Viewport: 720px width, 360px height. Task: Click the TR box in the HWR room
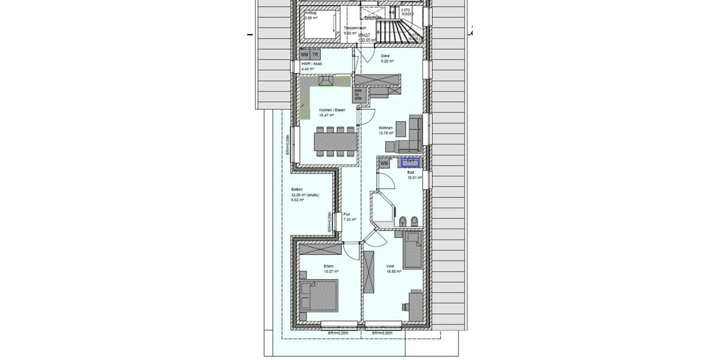coord(315,55)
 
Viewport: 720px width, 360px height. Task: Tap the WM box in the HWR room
coord(305,55)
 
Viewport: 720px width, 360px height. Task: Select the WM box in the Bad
coord(384,163)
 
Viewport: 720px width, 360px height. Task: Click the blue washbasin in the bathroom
coord(410,161)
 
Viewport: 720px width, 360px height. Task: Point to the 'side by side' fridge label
coord(358,95)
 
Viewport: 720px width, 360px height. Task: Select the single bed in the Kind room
coord(413,249)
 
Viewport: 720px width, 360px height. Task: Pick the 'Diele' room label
coord(385,56)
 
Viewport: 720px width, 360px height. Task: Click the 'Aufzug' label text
coord(310,13)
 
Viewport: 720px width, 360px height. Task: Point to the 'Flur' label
coord(347,214)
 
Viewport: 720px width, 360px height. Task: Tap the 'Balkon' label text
coord(296,190)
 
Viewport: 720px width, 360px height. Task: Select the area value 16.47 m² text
coord(327,115)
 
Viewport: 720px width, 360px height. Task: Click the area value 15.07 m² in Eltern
coord(329,271)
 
